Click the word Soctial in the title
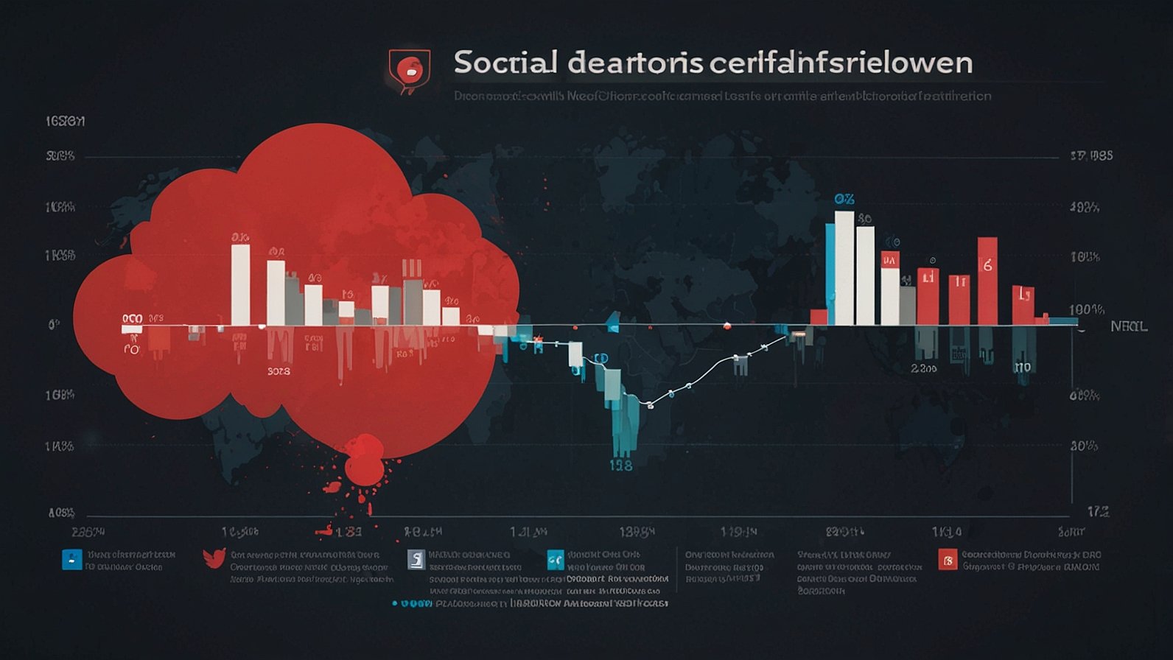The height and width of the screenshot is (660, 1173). (505, 63)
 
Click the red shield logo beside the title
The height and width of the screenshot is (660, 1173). (409, 70)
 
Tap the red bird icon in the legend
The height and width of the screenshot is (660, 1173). (214, 558)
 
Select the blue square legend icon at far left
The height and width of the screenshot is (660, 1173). (71, 559)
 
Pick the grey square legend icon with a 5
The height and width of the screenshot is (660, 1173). (416, 560)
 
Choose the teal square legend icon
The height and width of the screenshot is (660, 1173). (556, 561)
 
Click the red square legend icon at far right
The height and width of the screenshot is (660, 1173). (948, 560)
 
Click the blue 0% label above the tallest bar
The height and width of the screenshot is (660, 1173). (844, 200)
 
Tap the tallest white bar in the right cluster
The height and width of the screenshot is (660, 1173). (844, 268)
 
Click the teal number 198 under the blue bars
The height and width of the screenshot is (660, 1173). (621, 466)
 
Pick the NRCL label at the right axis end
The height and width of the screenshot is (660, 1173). (1129, 326)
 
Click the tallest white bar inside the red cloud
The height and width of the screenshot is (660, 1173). (240, 284)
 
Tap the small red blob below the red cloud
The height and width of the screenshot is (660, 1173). (363, 458)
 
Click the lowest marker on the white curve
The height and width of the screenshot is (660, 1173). (650, 405)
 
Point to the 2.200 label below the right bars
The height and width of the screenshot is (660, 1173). (924, 368)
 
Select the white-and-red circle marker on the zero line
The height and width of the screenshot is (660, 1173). (727, 325)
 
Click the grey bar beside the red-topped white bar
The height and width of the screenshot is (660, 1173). (908, 305)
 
